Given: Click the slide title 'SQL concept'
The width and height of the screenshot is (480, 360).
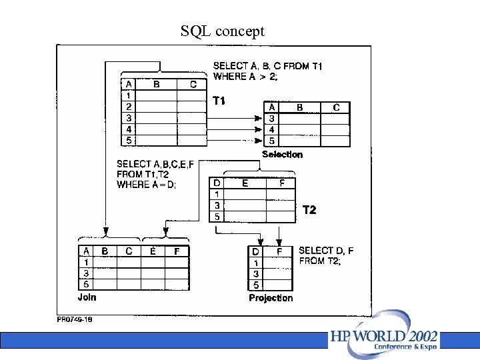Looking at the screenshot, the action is click(222, 31).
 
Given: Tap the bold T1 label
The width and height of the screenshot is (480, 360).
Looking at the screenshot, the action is click(219, 101).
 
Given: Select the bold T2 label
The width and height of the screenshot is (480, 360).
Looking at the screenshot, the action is click(309, 210).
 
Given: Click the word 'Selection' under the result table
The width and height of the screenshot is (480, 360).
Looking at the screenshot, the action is click(282, 155).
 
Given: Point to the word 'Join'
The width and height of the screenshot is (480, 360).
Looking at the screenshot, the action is click(87, 297).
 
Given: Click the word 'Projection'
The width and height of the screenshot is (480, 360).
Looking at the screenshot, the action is click(271, 298).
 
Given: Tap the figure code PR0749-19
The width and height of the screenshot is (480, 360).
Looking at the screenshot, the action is click(74, 319).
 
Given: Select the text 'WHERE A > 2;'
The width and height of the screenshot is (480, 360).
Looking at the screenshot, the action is click(245, 77).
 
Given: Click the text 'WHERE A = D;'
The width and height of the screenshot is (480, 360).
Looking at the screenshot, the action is click(147, 185).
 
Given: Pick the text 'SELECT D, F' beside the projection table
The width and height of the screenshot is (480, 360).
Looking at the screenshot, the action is click(326, 251).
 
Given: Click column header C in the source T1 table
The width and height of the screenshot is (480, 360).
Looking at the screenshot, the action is click(193, 85).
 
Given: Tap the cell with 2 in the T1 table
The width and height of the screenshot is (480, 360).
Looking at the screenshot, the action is click(129, 107).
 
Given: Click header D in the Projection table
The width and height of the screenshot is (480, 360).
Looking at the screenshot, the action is click(256, 252).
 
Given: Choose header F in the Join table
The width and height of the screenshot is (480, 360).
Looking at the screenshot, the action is click(177, 251).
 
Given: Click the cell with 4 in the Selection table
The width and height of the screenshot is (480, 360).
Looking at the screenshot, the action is click(272, 130).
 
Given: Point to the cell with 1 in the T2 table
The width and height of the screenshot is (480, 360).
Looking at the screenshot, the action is click(217, 194).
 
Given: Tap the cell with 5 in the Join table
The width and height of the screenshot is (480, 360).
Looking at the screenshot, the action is click(87, 285).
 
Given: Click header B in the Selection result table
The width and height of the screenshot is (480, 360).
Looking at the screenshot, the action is click(300, 107).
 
